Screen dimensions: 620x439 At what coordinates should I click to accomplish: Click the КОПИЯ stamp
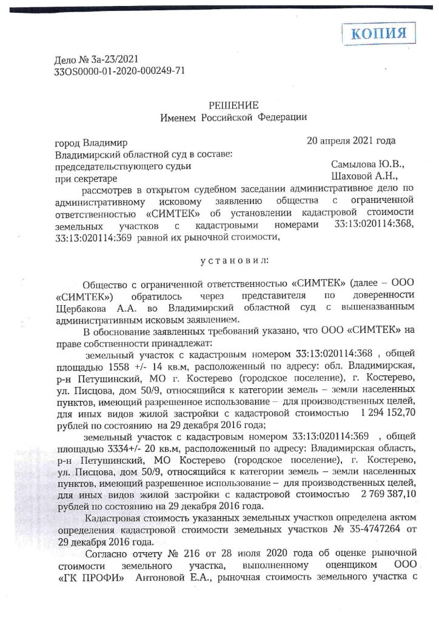coord(380,33)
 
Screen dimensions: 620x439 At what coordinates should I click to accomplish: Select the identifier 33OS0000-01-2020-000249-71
coord(119,70)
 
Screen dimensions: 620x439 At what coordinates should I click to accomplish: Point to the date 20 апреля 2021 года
coord(352,142)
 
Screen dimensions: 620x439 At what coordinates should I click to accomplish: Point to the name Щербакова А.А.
coord(84,308)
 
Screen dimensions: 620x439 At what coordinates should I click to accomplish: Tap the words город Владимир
coord(91,143)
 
